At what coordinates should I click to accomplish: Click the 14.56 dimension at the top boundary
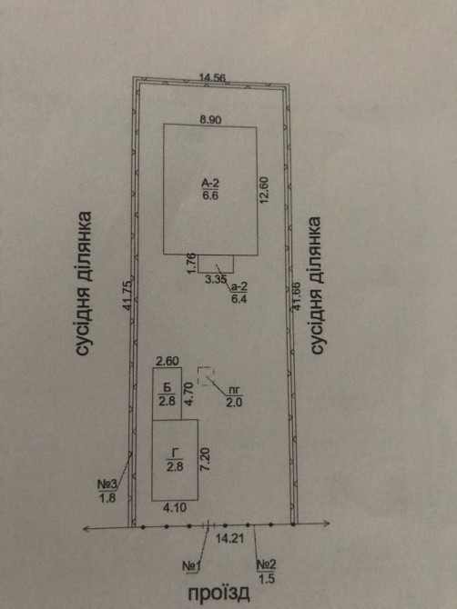click(x=212, y=77)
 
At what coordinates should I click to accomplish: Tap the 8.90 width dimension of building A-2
click(x=210, y=120)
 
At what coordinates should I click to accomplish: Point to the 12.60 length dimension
click(x=264, y=190)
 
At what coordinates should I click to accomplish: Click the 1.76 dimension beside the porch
click(x=190, y=264)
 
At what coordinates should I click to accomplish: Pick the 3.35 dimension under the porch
click(x=216, y=279)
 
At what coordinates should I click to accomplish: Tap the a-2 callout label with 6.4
click(x=239, y=293)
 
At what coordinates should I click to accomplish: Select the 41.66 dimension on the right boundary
click(x=297, y=296)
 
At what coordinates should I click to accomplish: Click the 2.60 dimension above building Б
click(x=168, y=361)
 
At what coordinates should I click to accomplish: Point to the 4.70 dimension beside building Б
click(x=188, y=394)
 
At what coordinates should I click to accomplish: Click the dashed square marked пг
click(x=206, y=376)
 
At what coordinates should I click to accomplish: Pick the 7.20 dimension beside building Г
click(x=206, y=459)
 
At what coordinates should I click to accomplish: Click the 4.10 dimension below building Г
click(x=175, y=507)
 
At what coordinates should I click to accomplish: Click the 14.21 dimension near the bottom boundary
click(x=229, y=539)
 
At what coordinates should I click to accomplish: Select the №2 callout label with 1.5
click(x=267, y=572)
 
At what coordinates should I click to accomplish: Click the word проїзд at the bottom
click(x=218, y=594)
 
